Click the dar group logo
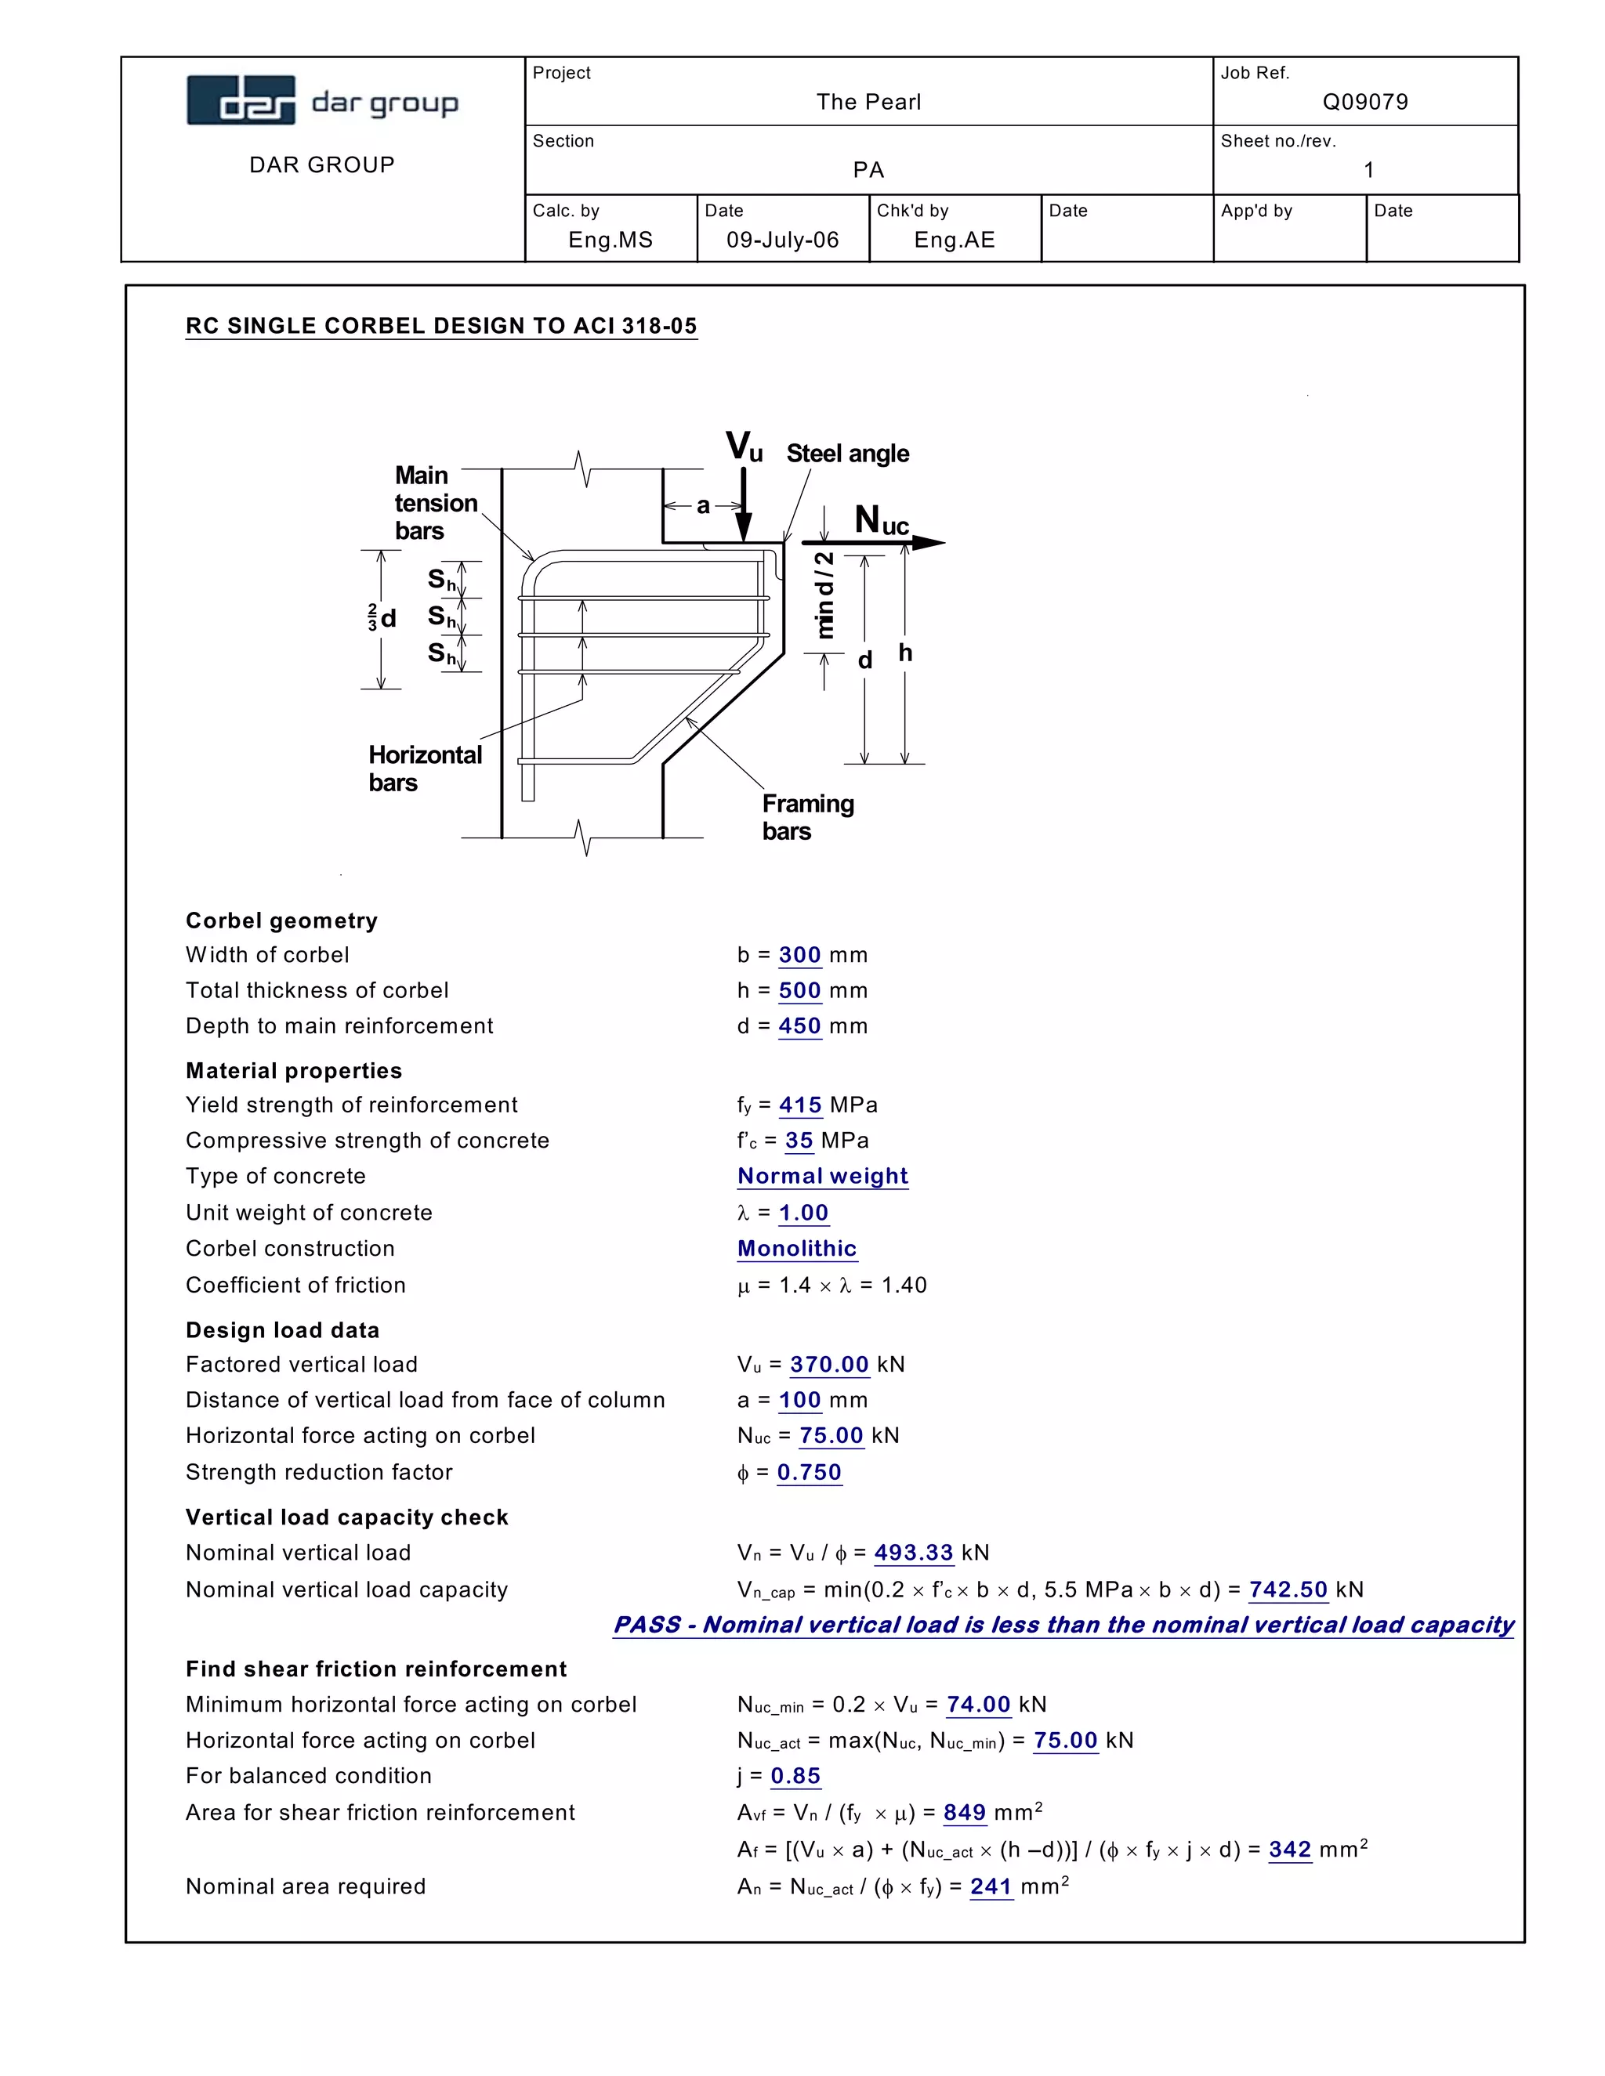pyautogui.click(x=322, y=101)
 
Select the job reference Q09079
pyautogui.click(x=1364, y=102)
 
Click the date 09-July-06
pyautogui.click(x=783, y=240)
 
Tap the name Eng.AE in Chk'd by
pyautogui.click(x=954, y=240)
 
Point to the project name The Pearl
pyautogui.click(x=868, y=102)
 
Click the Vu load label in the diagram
pyautogui.click(x=744, y=447)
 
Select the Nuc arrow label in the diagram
pyautogui.click(x=882, y=521)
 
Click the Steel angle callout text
pyautogui.click(x=847, y=454)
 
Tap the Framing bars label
pyautogui.click(x=807, y=817)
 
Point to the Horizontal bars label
pyautogui.click(x=424, y=768)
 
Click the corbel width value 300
pyautogui.click(x=799, y=954)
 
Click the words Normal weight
pyautogui.click(x=822, y=1176)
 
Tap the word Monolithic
pyautogui.click(x=797, y=1248)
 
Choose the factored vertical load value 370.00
pyautogui.click(x=829, y=1364)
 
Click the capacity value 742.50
pyautogui.click(x=1288, y=1590)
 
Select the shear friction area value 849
pyautogui.click(x=964, y=1813)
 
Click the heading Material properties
pyautogui.click(x=294, y=1070)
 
